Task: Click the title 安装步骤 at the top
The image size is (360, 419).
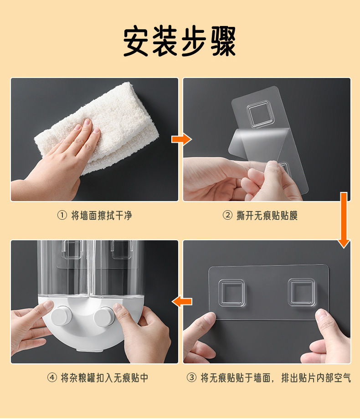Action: coord(180,42)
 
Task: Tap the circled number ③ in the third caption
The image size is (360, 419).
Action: coord(191,378)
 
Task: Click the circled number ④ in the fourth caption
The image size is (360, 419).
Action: coord(52,378)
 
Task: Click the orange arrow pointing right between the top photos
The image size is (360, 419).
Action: coord(181,140)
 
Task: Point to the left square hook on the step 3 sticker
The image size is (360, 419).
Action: coord(231,292)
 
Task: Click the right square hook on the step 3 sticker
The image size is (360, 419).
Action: coord(301,292)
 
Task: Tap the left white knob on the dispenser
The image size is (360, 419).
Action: coord(61,316)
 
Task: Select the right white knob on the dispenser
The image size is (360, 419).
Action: coord(104,315)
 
